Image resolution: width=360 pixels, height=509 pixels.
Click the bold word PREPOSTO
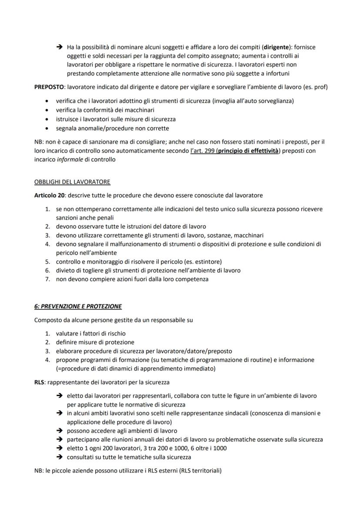(49, 87)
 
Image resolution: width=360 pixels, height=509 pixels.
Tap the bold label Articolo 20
(50, 195)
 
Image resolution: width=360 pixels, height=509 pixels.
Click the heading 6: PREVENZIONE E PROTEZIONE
(78, 306)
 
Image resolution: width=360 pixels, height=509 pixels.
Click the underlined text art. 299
(200, 150)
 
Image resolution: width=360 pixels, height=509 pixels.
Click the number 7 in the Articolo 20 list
(48, 279)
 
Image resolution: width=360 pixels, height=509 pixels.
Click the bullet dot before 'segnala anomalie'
(47, 129)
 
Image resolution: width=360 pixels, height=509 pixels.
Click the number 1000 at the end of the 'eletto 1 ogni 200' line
(219, 448)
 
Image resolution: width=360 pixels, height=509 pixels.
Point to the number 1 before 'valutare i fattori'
(48, 333)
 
